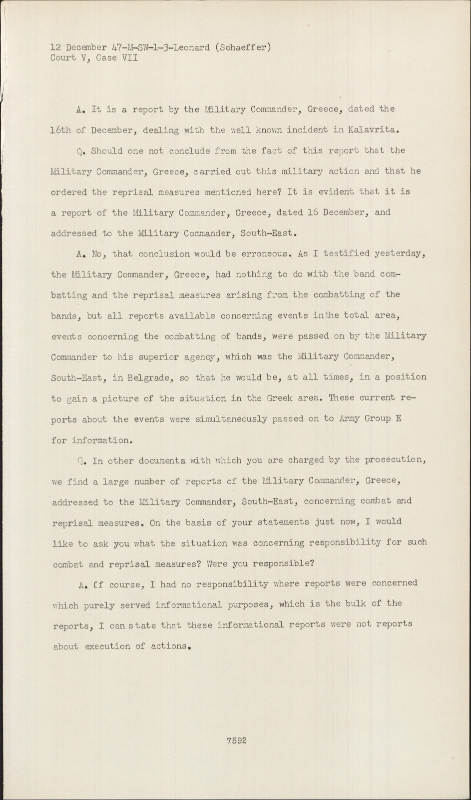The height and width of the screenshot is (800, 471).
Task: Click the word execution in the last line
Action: point(106,646)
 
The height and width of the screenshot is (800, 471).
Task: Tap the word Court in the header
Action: point(63,57)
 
